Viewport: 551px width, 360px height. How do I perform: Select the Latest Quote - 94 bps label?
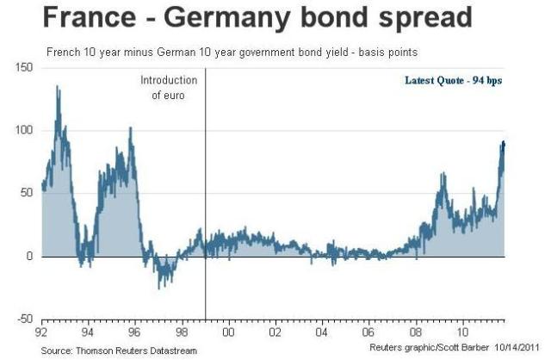tap(453, 81)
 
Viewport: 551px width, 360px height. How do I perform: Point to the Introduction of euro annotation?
tap(169, 87)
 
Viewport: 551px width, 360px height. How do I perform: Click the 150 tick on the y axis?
tap(26, 68)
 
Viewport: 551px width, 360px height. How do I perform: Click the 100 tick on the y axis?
tap(26, 131)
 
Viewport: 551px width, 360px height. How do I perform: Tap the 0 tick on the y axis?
tap(29, 257)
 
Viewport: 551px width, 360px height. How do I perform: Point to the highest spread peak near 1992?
tap(58, 87)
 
